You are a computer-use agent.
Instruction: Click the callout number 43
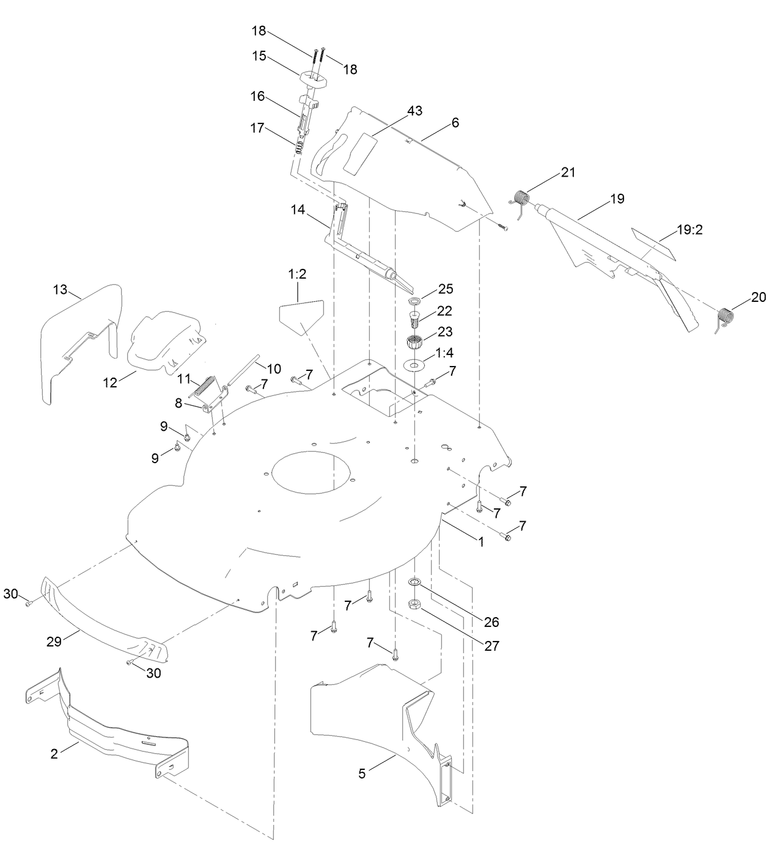coord(415,111)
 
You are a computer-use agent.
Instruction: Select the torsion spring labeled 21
coord(520,200)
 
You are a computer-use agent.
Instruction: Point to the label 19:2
coord(690,230)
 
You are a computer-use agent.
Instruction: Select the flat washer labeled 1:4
coord(416,365)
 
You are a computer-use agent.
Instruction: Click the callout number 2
coord(54,753)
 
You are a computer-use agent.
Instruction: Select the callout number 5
coord(362,774)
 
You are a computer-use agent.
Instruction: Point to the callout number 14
coord(298,210)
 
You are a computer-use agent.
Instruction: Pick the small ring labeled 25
coord(415,302)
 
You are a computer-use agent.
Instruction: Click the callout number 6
coord(455,123)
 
